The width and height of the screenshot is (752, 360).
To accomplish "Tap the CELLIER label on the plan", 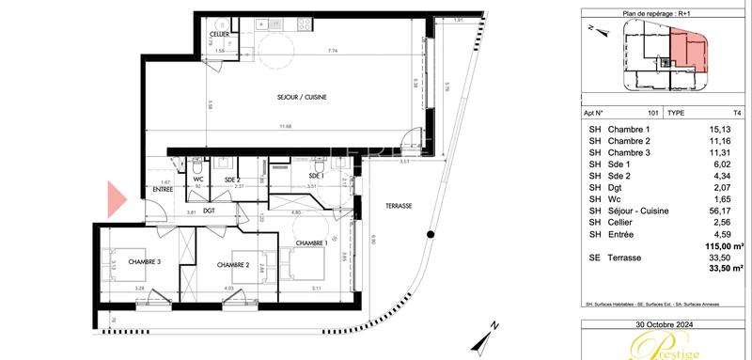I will click(220, 34).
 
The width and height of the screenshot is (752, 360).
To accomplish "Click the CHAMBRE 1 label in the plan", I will click(312, 244).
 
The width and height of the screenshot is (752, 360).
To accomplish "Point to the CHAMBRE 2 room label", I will click(227, 265).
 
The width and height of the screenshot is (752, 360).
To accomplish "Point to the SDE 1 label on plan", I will click(319, 176).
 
